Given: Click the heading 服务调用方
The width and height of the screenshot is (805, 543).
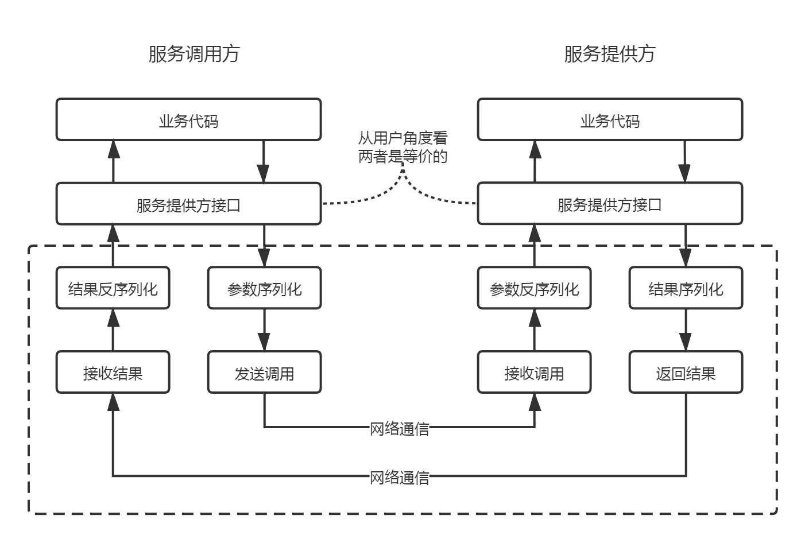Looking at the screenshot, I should click(x=193, y=54).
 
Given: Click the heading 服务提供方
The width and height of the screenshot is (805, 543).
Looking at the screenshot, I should click(x=609, y=54).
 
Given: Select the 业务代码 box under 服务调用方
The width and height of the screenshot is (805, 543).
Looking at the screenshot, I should click(x=188, y=120).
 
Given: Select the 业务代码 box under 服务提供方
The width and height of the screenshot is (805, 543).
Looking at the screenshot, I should click(x=610, y=120).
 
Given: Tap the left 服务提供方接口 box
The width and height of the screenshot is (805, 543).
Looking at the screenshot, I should click(x=188, y=204).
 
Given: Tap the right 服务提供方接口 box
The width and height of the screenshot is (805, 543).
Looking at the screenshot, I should click(x=610, y=204).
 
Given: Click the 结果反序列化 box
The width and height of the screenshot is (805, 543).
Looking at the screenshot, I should click(x=113, y=288).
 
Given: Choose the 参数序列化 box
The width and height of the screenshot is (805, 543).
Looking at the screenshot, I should click(x=264, y=288).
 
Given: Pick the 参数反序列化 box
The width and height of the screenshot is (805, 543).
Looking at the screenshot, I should click(x=534, y=288).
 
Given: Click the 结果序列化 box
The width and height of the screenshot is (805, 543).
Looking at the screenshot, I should click(x=686, y=288).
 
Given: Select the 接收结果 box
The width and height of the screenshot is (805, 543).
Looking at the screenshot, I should click(x=113, y=373).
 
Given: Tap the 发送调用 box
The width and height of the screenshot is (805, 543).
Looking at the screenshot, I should click(x=264, y=373).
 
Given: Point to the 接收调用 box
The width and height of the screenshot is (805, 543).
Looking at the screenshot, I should click(x=534, y=373).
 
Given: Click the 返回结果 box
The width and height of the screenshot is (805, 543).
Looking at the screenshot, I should click(x=686, y=373).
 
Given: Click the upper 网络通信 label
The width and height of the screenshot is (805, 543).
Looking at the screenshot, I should click(x=399, y=428).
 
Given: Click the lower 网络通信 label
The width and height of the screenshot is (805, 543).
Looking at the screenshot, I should click(x=399, y=477).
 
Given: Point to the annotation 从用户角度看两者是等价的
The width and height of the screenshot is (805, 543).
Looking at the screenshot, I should click(x=403, y=147).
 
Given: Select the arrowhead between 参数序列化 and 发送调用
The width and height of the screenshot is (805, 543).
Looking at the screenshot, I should click(x=264, y=342).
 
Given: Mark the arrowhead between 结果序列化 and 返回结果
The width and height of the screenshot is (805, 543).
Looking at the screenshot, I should click(x=686, y=342).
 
